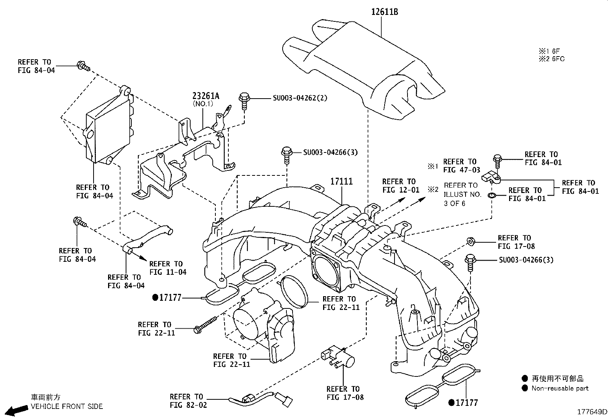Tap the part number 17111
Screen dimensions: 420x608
(x=341, y=182)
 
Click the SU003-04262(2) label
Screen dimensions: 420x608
(x=300, y=98)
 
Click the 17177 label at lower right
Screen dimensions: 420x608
(x=463, y=402)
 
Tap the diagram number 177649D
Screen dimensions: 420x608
(x=592, y=412)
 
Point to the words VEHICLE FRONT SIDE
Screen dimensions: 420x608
(x=67, y=407)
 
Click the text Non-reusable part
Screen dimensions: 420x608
(x=560, y=388)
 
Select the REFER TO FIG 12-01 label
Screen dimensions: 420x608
(x=401, y=186)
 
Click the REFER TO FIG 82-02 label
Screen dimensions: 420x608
(x=188, y=401)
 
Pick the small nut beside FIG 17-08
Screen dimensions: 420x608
(x=471, y=242)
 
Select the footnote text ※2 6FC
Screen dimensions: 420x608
(x=551, y=59)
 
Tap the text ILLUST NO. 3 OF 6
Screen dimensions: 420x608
(x=462, y=199)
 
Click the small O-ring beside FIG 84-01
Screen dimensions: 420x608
(x=492, y=196)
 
